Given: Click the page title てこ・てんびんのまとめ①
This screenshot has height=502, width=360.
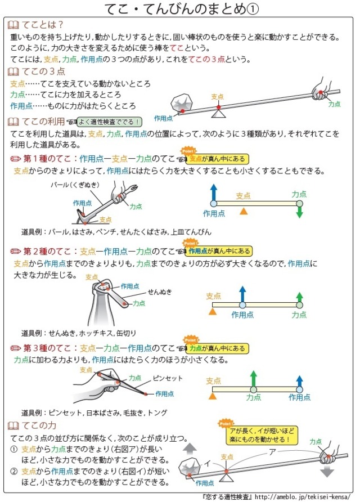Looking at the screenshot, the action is (x=182, y=9).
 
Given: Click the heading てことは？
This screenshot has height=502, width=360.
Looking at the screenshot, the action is (x=43, y=25).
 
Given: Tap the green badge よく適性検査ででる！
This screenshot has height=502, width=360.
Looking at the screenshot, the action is (x=109, y=122).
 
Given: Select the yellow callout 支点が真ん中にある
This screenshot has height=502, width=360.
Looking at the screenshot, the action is (x=217, y=159).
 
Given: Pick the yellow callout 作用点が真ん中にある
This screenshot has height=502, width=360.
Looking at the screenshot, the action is (x=219, y=251).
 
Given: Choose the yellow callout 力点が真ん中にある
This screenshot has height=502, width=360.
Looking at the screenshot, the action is (x=217, y=348).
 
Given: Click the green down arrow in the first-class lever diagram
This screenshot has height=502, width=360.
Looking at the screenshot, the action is (x=299, y=212).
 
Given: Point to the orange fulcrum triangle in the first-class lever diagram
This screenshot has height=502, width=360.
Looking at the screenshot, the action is (x=244, y=211).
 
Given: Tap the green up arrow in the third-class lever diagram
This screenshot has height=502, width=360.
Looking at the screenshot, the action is (x=254, y=378).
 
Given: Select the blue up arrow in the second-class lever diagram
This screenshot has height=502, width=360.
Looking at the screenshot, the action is (x=242, y=294).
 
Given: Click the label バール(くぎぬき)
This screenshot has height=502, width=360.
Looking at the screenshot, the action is (x=75, y=185).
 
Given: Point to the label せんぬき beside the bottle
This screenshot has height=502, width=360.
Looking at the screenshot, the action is (x=160, y=292).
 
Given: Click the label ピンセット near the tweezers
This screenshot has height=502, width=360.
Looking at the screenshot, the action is (x=168, y=378).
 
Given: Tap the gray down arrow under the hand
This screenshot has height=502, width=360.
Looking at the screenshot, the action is (x=327, y=471).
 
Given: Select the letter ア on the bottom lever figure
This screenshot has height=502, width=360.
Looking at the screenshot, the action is (x=272, y=452).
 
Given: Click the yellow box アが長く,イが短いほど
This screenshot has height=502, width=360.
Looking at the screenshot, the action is (x=262, y=436).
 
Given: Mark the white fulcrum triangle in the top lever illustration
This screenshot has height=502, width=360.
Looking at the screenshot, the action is (x=219, y=113).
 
